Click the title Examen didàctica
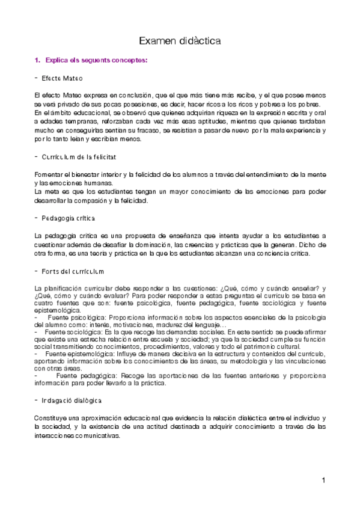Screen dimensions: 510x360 point(180,41)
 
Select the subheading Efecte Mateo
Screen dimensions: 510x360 point(63,79)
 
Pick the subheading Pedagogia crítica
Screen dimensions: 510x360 point(69,217)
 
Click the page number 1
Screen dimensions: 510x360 point(323,480)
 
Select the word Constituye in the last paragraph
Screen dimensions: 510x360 point(52,417)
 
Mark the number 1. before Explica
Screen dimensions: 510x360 point(37,61)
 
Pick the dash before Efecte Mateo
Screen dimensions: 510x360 point(37,79)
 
